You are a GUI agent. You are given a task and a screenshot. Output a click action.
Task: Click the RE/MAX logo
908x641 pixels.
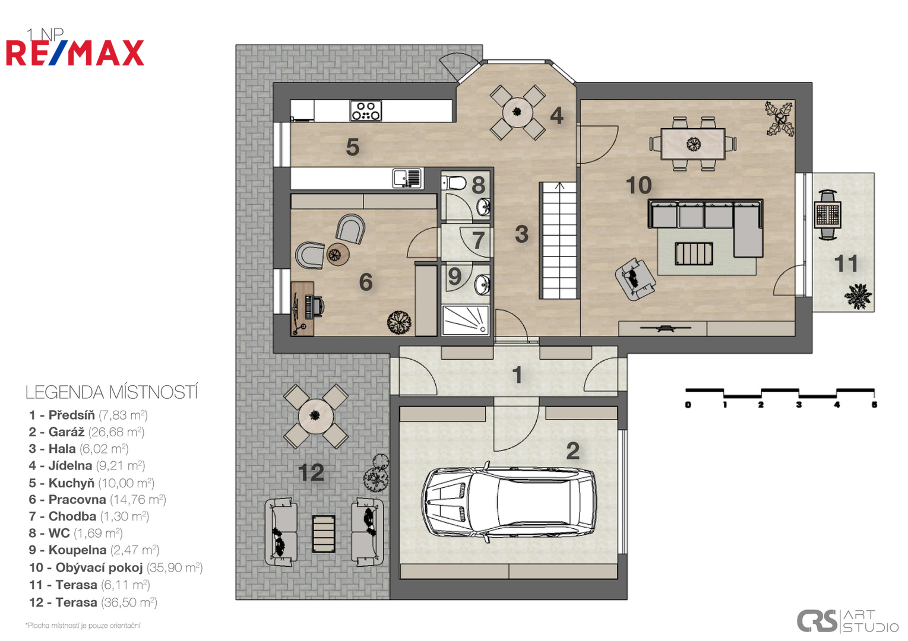click(x=75, y=53)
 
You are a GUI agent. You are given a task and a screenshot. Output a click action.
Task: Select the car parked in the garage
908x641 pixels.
click(x=509, y=502)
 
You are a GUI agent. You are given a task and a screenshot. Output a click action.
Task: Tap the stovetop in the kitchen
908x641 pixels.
click(x=366, y=110)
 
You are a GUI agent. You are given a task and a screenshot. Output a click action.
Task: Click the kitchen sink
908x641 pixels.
click(x=407, y=178)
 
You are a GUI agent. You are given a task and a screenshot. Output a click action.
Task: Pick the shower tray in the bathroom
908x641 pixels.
click(x=466, y=320)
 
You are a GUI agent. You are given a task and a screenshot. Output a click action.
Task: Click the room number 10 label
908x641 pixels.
click(x=639, y=185)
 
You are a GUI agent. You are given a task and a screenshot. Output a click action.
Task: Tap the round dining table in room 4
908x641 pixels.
click(x=517, y=112)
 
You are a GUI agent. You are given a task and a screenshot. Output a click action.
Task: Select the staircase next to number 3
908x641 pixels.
click(x=558, y=241)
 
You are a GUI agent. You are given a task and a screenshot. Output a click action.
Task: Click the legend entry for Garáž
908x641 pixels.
click(x=86, y=432)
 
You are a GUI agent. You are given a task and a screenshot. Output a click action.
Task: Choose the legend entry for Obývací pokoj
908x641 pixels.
click(x=116, y=567)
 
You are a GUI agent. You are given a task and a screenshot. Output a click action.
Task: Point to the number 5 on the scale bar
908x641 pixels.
click(x=874, y=404)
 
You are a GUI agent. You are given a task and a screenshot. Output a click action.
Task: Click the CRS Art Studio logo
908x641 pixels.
click(x=847, y=621)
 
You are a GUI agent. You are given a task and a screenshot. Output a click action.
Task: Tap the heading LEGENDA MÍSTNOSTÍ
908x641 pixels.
click(x=112, y=392)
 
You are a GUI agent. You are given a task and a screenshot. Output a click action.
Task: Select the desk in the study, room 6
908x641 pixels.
click(x=302, y=309)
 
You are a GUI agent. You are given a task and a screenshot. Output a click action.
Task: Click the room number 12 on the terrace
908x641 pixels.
click(x=311, y=472)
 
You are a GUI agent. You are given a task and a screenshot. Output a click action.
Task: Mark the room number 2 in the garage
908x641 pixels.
click(x=572, y=451)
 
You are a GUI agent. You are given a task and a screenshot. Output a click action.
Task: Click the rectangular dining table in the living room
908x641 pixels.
click(x=693, y=144)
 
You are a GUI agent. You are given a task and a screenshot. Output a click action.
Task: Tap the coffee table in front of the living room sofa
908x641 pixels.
click(x=694, y=253)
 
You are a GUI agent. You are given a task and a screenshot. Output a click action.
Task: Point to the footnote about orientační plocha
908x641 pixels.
click(x=83, y=626)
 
